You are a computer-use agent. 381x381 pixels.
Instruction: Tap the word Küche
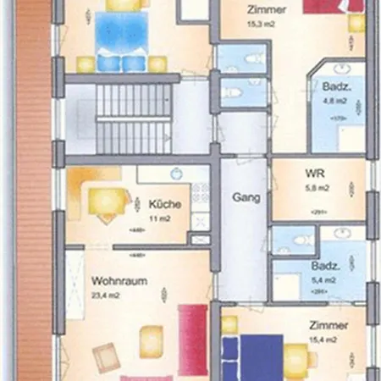pos(162,204)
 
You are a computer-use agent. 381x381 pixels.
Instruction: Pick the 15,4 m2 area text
pos(324,340)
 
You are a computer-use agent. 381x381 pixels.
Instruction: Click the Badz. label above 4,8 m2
pos(331,88)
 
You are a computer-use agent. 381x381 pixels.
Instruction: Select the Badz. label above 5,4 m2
pos(325,266)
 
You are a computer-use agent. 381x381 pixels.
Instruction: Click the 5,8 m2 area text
pos(318,189)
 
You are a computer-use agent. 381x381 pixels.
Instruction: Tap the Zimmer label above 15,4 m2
pos(325,326)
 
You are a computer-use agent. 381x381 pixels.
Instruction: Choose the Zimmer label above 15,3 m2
pos(266,11)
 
